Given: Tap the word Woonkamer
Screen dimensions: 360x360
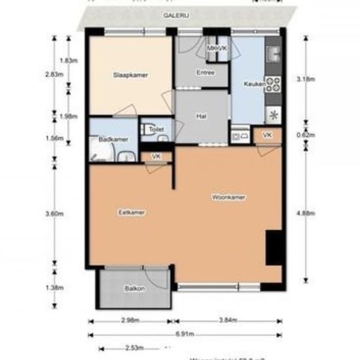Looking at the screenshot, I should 228,196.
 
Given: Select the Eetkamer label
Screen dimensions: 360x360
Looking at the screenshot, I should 132,213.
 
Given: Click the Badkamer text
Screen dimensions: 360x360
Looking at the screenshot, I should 107,139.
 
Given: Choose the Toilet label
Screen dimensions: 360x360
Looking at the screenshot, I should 155,130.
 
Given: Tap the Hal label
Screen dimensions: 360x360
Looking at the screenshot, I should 202,116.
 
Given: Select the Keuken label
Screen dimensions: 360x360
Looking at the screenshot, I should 253,84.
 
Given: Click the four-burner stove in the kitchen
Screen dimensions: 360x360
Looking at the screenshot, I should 272,83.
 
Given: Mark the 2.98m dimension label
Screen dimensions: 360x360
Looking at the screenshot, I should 131,321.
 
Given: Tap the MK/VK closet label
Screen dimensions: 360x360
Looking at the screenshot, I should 217,50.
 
